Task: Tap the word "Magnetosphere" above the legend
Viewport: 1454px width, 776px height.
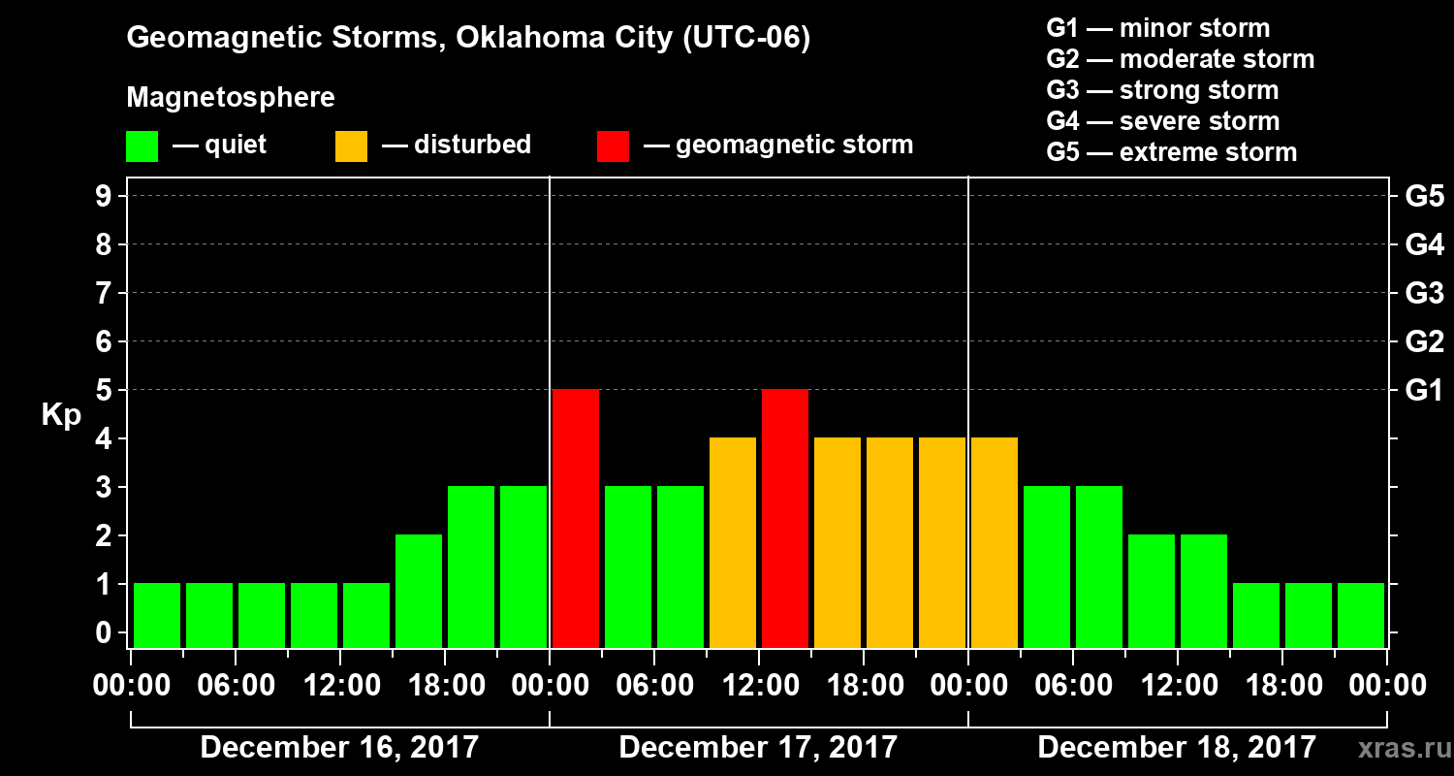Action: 231,98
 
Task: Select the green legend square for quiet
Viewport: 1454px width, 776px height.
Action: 142,146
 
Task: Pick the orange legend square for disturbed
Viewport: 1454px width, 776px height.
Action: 351,146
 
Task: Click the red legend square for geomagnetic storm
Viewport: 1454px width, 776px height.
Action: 613,146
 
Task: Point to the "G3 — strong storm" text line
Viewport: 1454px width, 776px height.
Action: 1162,90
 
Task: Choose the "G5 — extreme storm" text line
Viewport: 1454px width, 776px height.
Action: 1171,152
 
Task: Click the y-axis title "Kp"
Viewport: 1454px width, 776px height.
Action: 61,415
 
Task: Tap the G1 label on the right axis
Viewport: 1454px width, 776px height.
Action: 1424,390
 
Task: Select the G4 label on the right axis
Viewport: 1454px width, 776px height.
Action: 1424,244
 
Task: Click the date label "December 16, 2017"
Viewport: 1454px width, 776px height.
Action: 339,748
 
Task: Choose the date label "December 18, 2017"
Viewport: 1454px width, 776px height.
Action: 1177,748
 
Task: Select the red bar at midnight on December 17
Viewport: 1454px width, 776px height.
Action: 576,518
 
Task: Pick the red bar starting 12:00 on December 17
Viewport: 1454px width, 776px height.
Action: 785,518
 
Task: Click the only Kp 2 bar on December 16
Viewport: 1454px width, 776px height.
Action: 419,591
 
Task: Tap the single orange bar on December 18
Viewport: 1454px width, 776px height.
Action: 995,542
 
